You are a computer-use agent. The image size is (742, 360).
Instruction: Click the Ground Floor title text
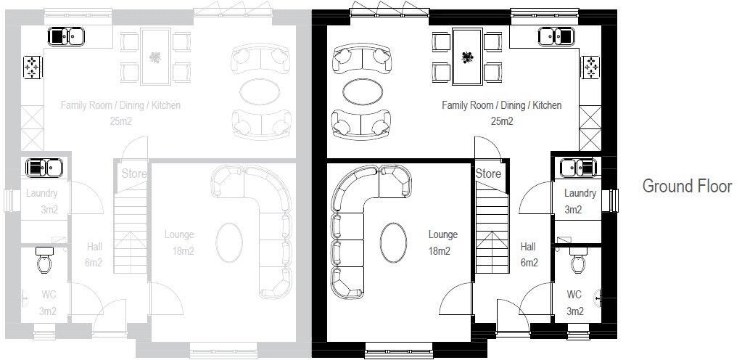[687, 186]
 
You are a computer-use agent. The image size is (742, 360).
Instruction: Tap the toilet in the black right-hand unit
[578, 260]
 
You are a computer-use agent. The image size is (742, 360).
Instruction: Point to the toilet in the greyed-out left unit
[44, 260]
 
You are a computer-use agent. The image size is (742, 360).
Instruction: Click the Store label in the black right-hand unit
[488, 173]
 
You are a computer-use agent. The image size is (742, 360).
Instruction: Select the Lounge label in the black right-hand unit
[443, 234]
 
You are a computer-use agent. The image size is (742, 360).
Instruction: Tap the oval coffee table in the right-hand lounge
[393, 242]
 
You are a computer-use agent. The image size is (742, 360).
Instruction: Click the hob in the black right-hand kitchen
[590, 67]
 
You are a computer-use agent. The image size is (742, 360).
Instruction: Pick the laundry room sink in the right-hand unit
[578, 168]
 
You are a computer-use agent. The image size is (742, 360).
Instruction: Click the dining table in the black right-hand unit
[467, 57]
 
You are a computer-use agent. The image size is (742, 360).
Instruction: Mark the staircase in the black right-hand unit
[492, 228]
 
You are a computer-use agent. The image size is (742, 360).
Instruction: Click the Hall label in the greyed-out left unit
[94, 247]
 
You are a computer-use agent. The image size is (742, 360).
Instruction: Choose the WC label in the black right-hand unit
[574, 295]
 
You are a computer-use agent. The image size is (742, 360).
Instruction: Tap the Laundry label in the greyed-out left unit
[41, 193]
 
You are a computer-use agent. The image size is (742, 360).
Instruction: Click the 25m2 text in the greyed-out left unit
[120, 121]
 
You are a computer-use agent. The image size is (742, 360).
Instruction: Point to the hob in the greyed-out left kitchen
[33, 67]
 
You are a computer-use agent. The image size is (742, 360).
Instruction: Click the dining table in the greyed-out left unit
[156, 57]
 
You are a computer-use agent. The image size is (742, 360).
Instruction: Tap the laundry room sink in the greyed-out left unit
[45, 168]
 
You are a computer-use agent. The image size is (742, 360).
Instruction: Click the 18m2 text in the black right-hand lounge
[440, 251]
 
